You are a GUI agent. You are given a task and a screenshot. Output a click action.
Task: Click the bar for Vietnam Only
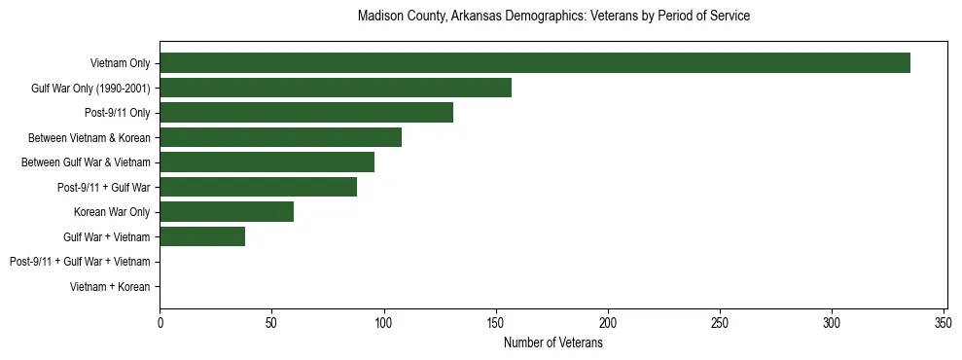click(535, 63)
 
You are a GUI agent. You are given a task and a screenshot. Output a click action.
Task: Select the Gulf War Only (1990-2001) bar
click(336, 88)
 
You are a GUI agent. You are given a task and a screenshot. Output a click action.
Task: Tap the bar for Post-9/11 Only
click(306, 113)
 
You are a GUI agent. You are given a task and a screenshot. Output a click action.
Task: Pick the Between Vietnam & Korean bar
click(280, 137)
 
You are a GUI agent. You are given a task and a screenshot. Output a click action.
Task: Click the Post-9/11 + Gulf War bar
click(258, 187)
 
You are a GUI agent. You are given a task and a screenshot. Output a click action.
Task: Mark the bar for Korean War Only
click(227, 212)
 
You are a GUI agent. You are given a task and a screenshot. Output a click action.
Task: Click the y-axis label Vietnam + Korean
click(110, 287)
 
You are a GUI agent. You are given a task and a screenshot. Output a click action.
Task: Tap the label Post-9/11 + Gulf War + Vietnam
click(80, 262)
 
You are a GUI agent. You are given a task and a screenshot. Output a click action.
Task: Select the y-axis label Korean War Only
click(112, 212)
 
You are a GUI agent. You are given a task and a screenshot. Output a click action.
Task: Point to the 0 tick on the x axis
click(160, 322)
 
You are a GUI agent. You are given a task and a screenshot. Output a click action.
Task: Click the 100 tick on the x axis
click(384, 322)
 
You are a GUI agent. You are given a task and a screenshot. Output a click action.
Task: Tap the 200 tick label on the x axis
click(608, 322)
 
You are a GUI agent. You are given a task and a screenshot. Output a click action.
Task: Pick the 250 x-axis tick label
click(720, 322)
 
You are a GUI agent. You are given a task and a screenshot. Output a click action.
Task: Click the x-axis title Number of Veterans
click(552, 343)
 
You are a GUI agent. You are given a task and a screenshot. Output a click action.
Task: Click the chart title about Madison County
click(552, 17)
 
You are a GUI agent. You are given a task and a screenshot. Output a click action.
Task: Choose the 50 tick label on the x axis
click(271, 322)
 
